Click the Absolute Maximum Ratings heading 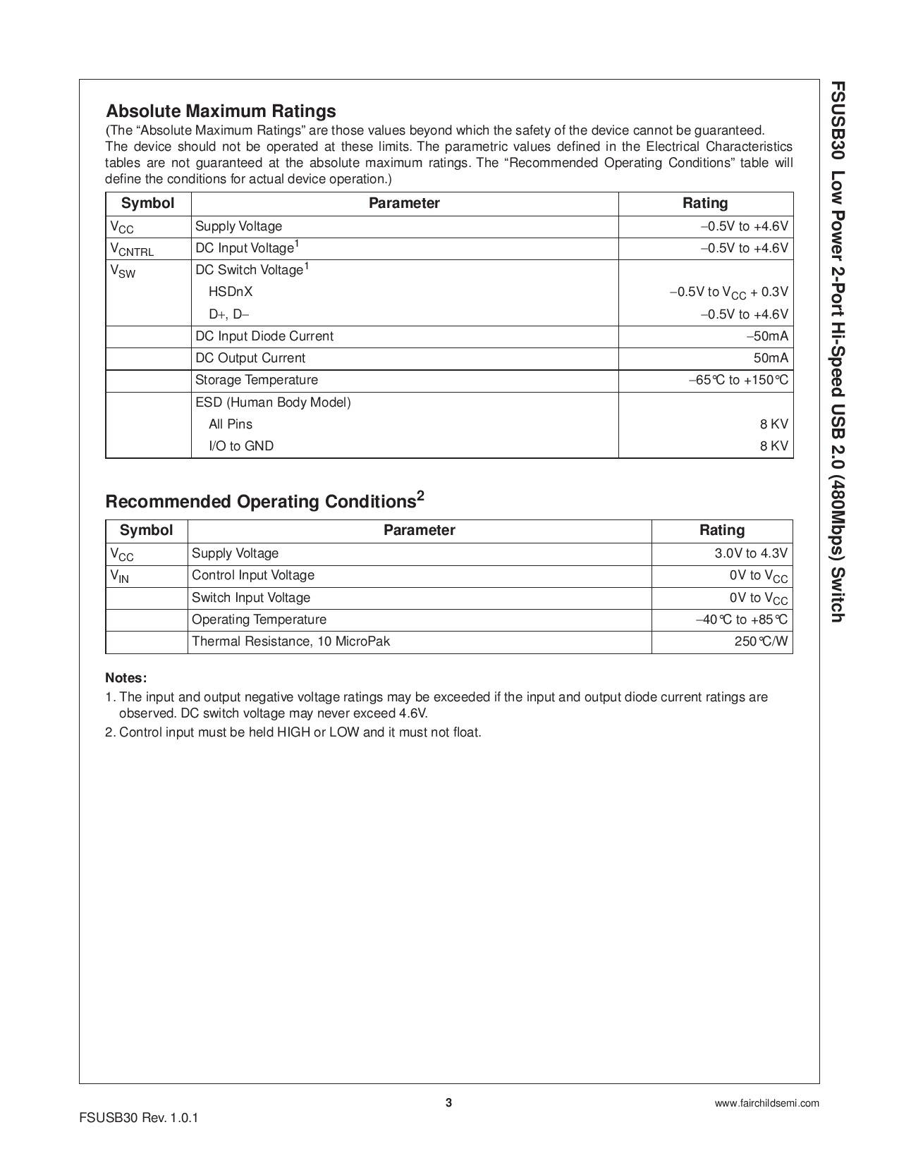click(x=221, y=111)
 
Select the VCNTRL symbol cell click(x=132, y=250)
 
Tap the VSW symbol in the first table click(x=123, y=271)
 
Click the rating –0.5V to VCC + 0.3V click(x=729, y=293)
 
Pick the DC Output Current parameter click(x=250, y=358)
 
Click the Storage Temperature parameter click(x=257, y=380)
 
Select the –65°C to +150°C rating click(x=739, y=381)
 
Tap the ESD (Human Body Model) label click(x=273, y=402)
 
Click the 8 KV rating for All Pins click(x=774, y=424)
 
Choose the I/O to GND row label click(x=241, y=446)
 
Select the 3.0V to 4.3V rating click(x=752, y=553)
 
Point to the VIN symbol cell click(x=120, y=577)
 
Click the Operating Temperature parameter click(x=259, y=620)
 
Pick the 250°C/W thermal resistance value click(x=762, y=641)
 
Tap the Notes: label click(x=126, y=678)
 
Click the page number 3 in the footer click(x=448, y=1103)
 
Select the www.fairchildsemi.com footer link click(x=767, y=1104)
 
